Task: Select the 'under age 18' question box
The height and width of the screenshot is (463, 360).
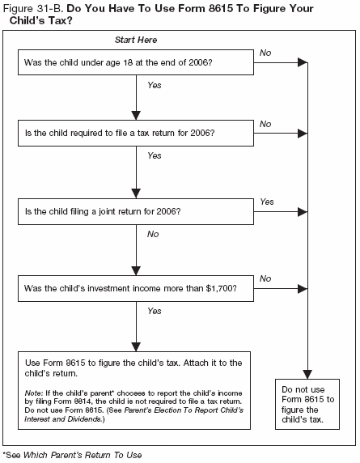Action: (x=136, y=61)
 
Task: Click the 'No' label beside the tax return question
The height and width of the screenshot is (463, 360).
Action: (x=265, y=123)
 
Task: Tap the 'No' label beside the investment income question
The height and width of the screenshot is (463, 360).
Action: (x=265, y=278)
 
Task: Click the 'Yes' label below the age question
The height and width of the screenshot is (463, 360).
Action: (x=155, y=84)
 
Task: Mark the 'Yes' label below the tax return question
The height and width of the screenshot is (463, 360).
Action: (x=155, y=155)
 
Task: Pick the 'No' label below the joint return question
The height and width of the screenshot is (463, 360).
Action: (x=153, y=233)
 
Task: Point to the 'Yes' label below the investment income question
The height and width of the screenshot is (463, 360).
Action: (x=155, y=310)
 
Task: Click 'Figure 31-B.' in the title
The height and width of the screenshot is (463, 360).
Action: (x=35, y=7)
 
